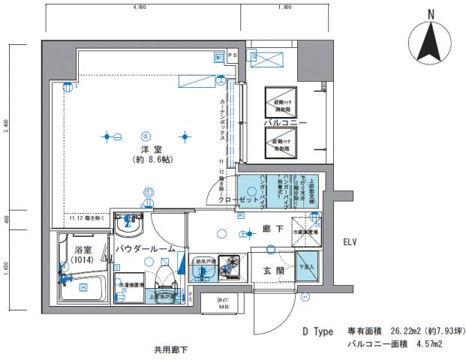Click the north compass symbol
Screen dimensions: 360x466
coord(431,43)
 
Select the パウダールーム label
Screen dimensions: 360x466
coord(146,248)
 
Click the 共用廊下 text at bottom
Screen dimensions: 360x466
coord(170,349)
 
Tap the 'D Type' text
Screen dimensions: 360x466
coord(317,331)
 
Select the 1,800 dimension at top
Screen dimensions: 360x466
coord(284,7)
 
